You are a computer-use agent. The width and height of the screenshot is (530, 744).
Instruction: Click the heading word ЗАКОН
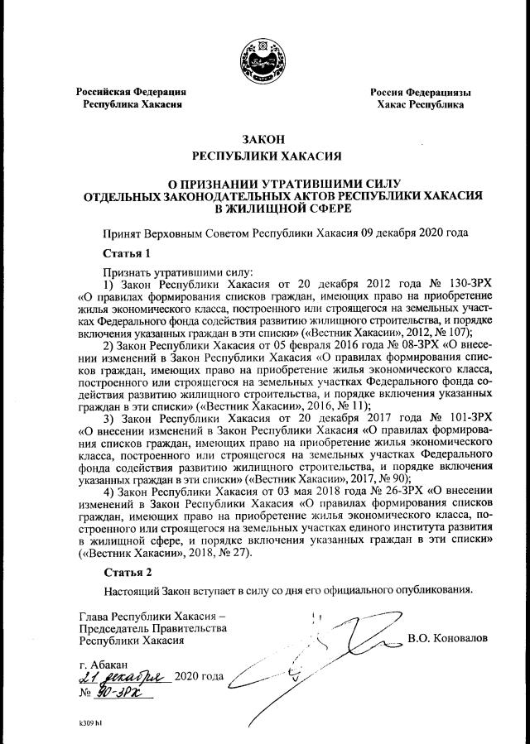click(x=264, y=139)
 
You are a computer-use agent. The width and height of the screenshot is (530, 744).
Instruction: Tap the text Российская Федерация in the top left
click(x=131, y=92)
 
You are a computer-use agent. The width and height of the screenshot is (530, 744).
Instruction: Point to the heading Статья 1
click(x=127, y=252)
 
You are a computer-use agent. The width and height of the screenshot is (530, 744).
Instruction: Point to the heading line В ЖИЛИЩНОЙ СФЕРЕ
click(x=264, y=208)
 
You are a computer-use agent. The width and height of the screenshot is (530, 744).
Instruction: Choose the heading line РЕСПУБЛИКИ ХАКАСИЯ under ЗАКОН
click(x=264, y=156)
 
